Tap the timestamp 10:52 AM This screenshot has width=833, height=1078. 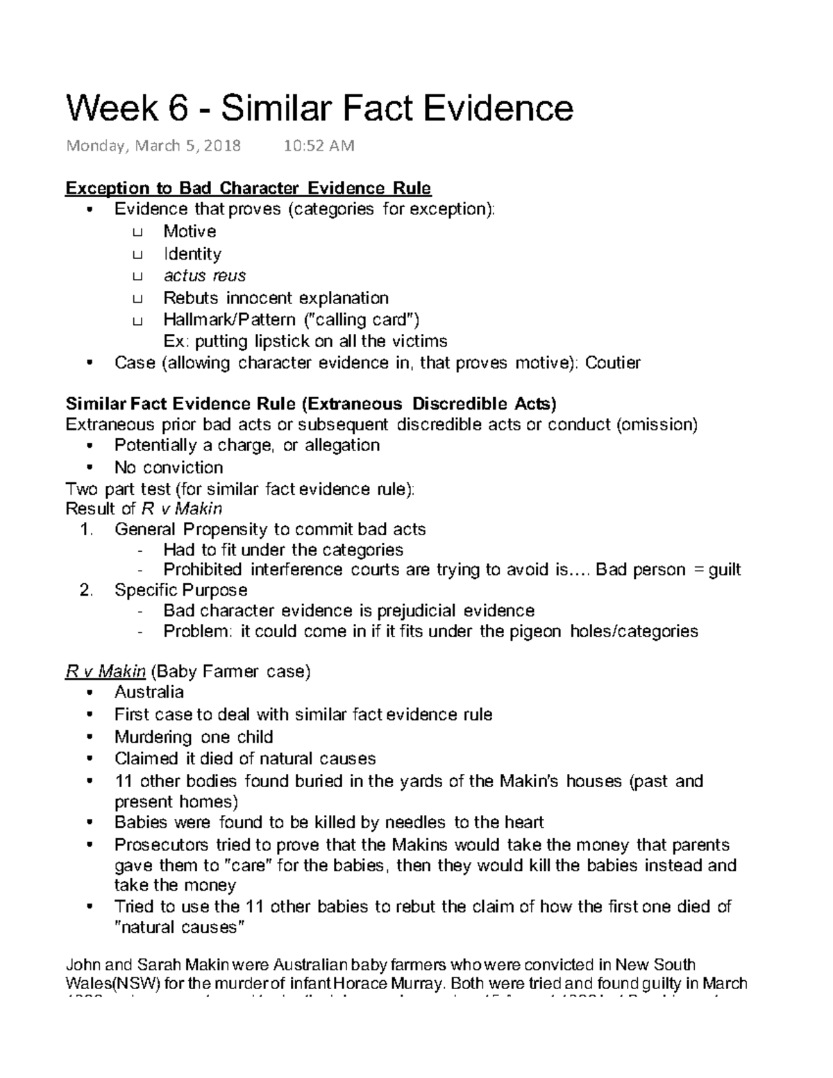pos(319,146)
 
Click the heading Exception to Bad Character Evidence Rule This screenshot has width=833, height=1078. pos(248,189)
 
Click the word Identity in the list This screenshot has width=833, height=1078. pos(192,254)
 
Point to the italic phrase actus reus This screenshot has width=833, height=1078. pos(204,276)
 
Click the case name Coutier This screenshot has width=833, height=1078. pos(613,363)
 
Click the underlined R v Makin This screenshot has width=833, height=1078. pos(106,672)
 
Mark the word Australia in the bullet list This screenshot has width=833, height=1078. pos(149,692)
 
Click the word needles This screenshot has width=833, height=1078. pos(415,823)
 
